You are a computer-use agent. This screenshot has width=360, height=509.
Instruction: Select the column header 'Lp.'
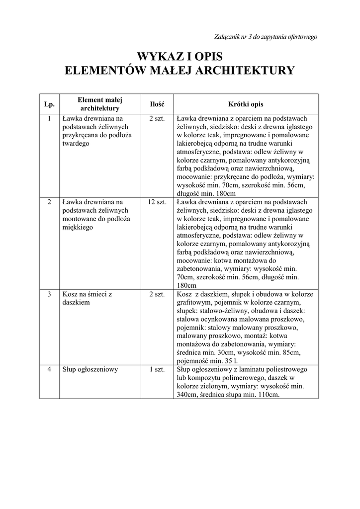click(x=49, y=104)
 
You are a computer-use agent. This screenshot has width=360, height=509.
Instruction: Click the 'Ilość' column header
click(x=157, y=104)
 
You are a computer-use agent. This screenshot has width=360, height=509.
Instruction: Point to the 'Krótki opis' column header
click(x=246, y=104)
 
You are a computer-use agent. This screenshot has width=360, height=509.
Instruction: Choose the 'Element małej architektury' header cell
click(x=99, y=104)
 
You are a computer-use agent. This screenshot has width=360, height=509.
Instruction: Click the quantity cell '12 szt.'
click(x=157, y=202)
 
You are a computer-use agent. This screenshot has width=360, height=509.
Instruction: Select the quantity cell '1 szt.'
click(x=157, y=370)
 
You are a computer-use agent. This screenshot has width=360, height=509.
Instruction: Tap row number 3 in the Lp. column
click(x=49, y=294)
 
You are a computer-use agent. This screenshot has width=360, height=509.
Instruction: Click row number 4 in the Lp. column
click(x=49, y=370)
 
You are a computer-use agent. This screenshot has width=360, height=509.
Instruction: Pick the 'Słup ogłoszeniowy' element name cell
click(x=90, y=370)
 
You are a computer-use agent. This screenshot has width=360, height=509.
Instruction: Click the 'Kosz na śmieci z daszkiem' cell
click(x=87, y=298)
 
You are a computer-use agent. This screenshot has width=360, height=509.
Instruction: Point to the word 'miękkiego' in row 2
click(x=78, y=227)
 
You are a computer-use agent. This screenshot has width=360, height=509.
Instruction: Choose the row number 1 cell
click(x=49, y=119)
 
